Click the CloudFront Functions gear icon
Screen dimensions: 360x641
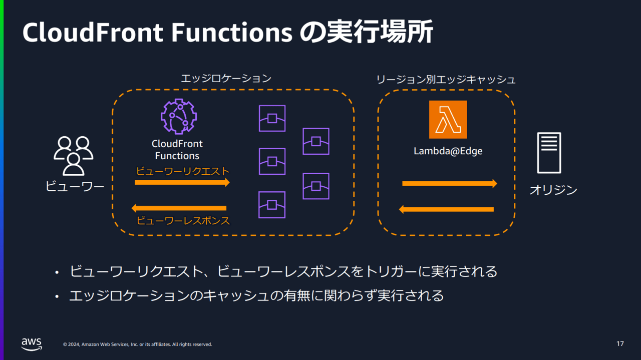[x=178, y=117]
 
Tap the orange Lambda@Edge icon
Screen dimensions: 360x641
[x=448, y=119]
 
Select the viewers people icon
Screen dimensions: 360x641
[x=74, y=155]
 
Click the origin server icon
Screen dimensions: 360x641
[x=549, y=153]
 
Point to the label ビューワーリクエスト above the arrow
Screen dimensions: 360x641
[x=183, y=171]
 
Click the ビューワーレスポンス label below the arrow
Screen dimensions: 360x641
[x=183, y=220]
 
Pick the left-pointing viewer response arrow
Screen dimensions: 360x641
[x=179, y=208]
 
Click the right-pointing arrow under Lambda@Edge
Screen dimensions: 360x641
[x=449, y=184]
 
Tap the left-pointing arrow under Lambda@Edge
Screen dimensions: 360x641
[x=446, y=209]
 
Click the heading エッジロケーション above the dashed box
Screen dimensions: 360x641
[x=226, y=79]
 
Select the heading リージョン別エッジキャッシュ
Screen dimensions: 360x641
[x=446, y=79]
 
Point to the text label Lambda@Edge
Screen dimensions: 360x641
[x=448, y=151]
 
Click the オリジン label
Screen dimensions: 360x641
[x=553, y=190]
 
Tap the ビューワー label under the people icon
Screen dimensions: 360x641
[x=75, y=187]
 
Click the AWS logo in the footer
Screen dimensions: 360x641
[x=32, y=343]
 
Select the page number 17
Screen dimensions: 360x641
[x=620, y=344]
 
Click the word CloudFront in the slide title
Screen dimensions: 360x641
[x=93, y=33]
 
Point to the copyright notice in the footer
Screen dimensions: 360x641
[x=137, y=344]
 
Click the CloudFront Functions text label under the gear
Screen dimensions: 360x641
[x=177, y=150]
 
